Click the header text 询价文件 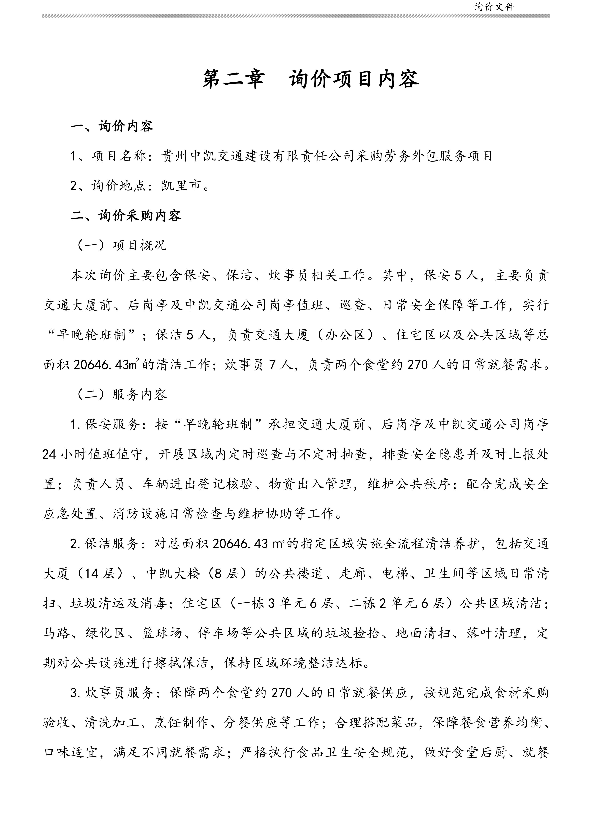494,7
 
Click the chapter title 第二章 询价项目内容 311,79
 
